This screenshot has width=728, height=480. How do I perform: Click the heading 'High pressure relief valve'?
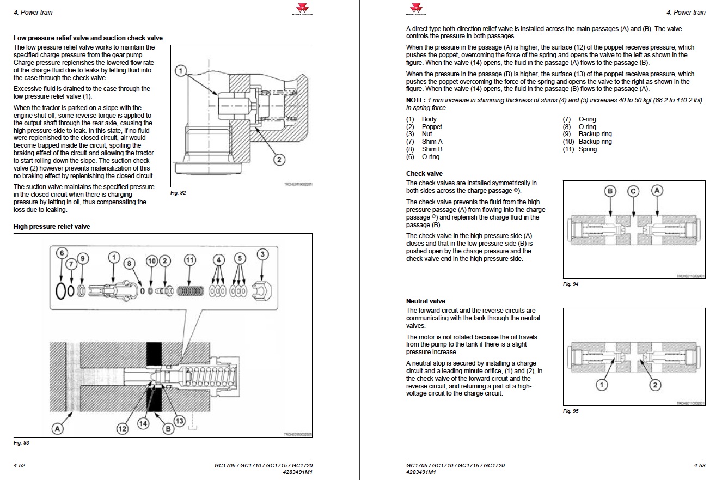coord(52,227)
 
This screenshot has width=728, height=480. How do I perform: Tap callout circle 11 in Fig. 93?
coord(189,260)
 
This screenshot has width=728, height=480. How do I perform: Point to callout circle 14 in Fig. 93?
coord(144,423)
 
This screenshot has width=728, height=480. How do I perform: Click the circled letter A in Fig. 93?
coord(57,429)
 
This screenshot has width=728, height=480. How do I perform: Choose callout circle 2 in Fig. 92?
coord(279,160)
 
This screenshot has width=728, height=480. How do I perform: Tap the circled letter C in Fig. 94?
coord(633,191)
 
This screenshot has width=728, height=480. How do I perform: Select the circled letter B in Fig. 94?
coord(610,191)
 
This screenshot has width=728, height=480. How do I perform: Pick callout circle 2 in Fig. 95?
coord(655,385)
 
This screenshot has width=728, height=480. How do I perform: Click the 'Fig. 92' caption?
coord(178,192)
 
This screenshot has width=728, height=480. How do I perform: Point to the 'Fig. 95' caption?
coord(571,411)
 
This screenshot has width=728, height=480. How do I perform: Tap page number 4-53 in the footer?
coord(700,466)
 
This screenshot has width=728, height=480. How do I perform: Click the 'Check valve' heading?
coord(424,174)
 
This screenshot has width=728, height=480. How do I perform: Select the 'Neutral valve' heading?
coord(425,301)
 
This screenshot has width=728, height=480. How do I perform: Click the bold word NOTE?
coord(415,100)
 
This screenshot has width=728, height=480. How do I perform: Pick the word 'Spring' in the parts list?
coord(588,149)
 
